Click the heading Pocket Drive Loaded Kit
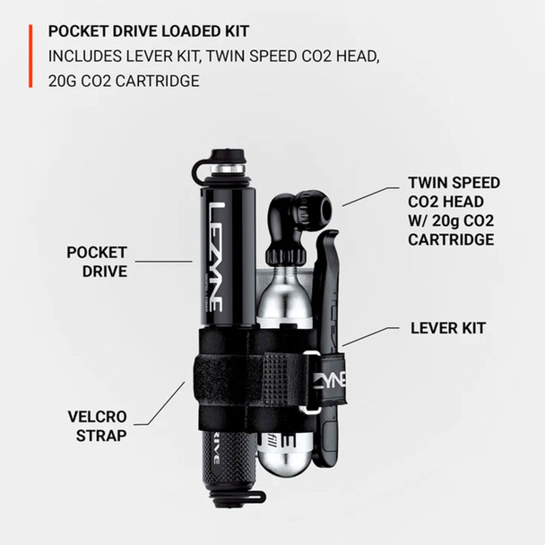coord(149,30)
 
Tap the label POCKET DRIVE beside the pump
coord(97,262)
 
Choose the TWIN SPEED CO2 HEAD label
coord(454,211)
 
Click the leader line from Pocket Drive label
coord(165,262)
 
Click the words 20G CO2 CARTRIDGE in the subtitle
coord(125,81)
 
